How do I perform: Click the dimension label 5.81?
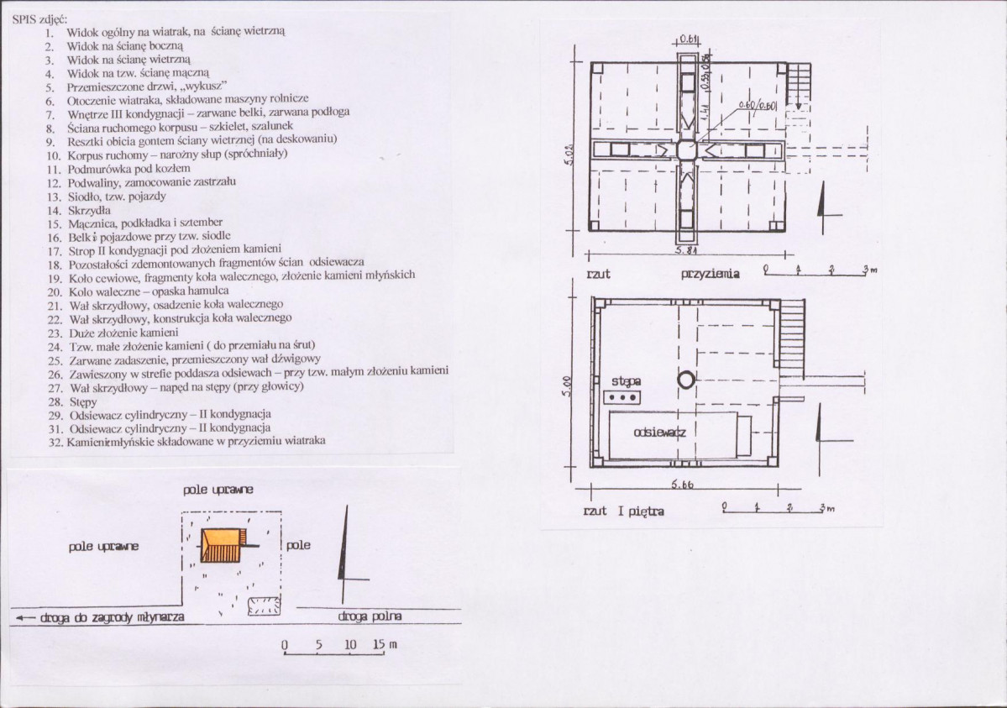pos(687,250)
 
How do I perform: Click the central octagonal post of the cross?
pos(687,149)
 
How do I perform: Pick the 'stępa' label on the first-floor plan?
pos(626,382)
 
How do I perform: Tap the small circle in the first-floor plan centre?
pos(686,379)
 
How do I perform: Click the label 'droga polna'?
pos(370,616)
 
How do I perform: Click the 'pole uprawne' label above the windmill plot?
pos(220,490)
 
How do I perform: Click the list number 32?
pos(55,441)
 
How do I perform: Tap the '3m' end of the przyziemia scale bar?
pos(868,270)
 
